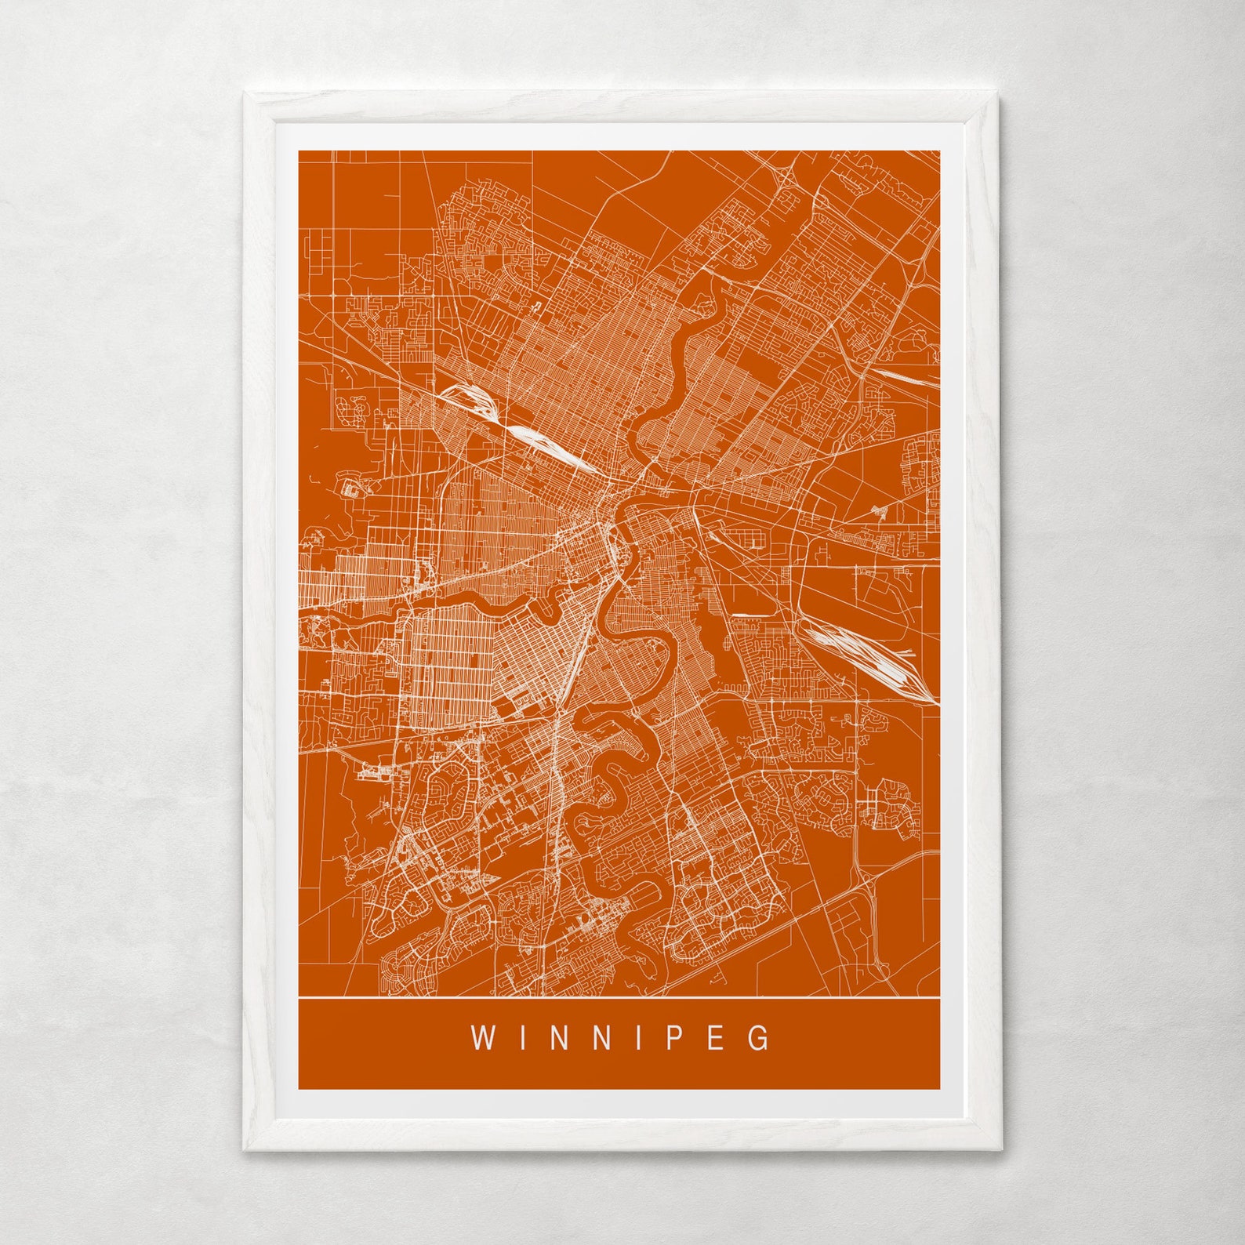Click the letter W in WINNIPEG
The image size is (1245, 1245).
(481, 1038)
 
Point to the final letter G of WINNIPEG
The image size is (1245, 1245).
(759, 1038)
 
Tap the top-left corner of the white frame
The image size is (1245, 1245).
(245, 93)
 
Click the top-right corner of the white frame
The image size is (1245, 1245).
(999, 93)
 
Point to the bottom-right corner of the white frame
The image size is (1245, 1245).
(1002, 1150)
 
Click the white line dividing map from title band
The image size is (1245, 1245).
(619, 998)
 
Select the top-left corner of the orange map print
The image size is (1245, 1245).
(299, 151)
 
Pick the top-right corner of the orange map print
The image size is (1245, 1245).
(939, 151)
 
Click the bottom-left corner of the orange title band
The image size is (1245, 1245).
(299, 1088)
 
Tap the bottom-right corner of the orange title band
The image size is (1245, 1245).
(939, 1088)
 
